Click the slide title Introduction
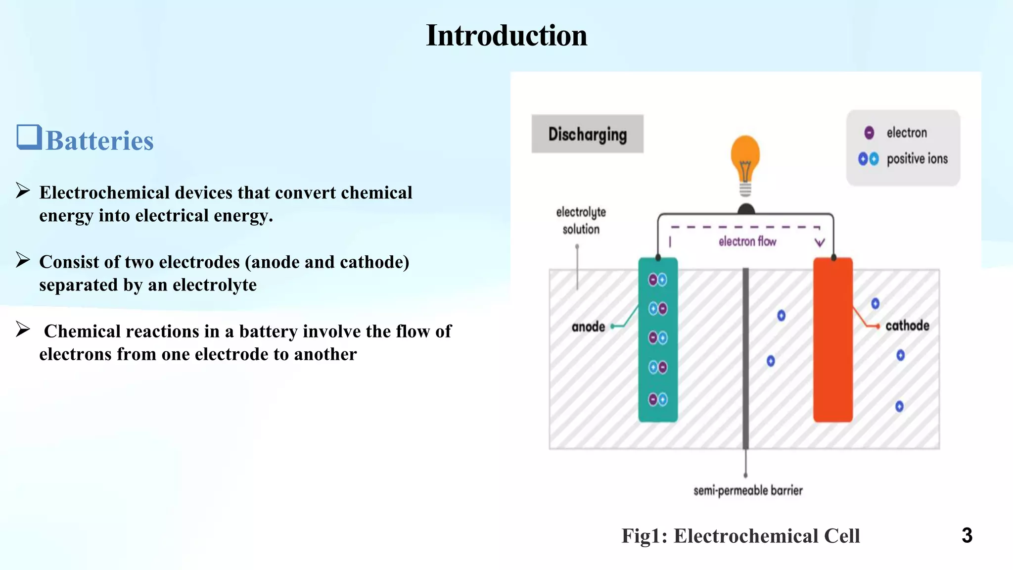(x=506, y=36)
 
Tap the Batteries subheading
(x=99, y=141)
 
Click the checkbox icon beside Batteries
(x=28, y=137)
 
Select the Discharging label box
(x=587, y=134)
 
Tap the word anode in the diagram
(x=588, y=327)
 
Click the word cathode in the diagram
(x=907, y=326)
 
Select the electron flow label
(x=747, y=241)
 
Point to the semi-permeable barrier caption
(x=747, y=490)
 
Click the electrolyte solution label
(x=581, y=221)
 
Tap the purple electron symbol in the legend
(x=869, y=133)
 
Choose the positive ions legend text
(x=917, y=159)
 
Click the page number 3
(x=967, y=535)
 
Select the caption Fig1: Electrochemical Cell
(x=740, y=536)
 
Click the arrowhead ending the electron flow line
(x=820, y=242)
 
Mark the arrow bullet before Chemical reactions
(x=23, y=329)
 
